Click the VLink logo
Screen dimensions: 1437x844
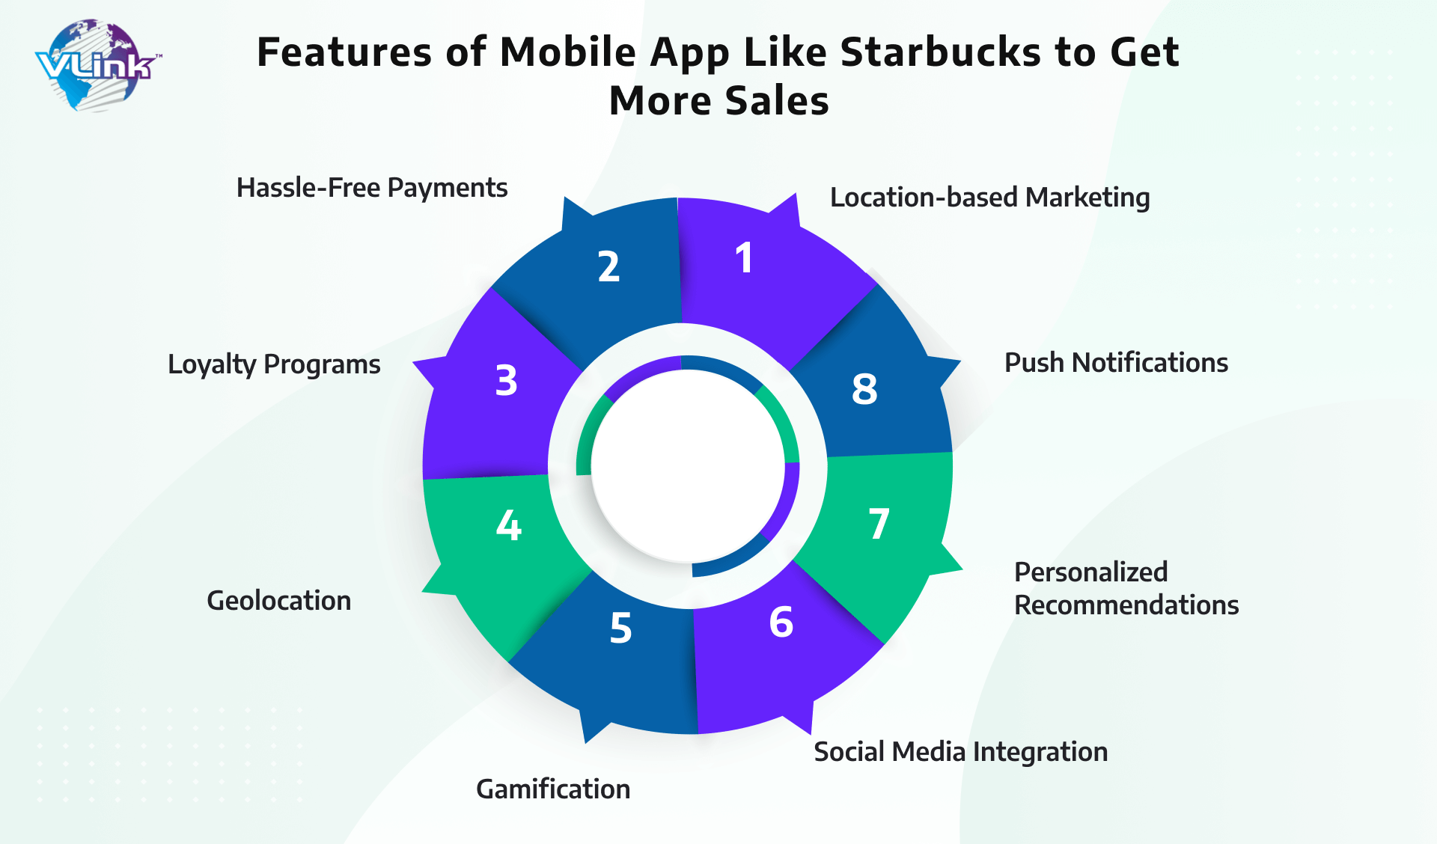[x=97, y=66]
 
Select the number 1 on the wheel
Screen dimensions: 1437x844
[x=743, y=258]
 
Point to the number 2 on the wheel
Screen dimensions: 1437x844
[x=609, y=266]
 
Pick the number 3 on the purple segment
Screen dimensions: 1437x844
[x=507, y=380]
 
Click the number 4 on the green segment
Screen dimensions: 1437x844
[x=509, y=525]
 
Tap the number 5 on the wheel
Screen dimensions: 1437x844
[x=620, y=628]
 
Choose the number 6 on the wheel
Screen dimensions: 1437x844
[x=781, y=622]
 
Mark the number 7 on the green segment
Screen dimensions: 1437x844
[x=879, y=524]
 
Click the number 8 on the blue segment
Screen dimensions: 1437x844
[x=864, y=389]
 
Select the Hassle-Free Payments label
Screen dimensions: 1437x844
[x=372, y=188]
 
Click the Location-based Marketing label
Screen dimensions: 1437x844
[x=990, y=198]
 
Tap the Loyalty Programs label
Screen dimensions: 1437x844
[x=274, y=364]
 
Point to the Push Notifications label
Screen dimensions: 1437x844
[x=1116, y=362]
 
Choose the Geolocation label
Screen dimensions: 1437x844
[x=278, y=600]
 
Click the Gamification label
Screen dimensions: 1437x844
[x=553, y=789]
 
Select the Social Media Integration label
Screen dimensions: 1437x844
[x=961, y=751]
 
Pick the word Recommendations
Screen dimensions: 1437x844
[x=1126, y=605]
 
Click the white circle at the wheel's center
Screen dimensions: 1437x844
[x=688, y=465]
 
